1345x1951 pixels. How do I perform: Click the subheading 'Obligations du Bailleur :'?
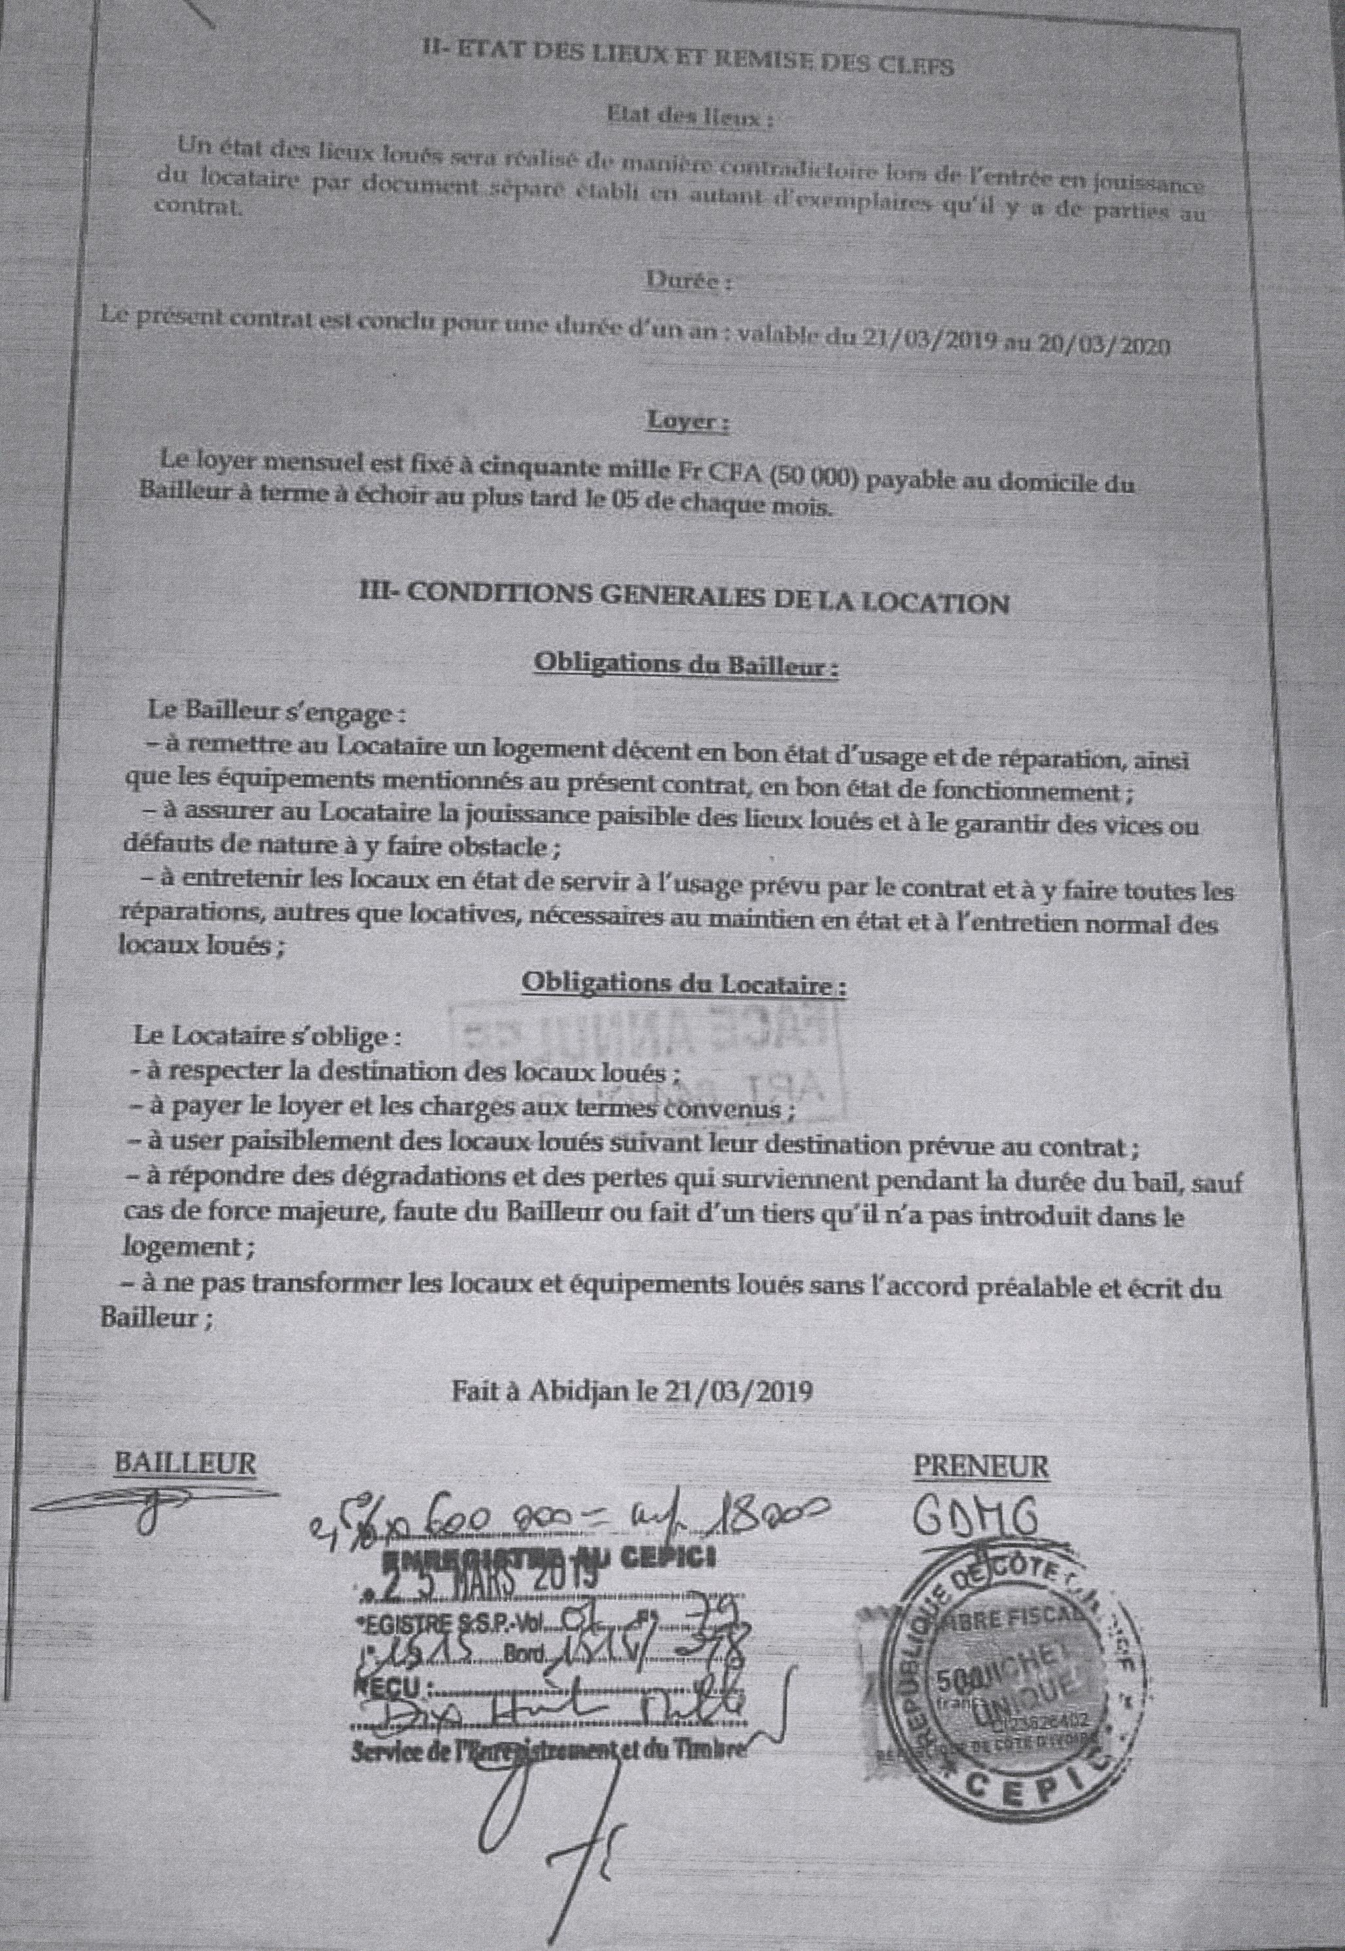point(687,666)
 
